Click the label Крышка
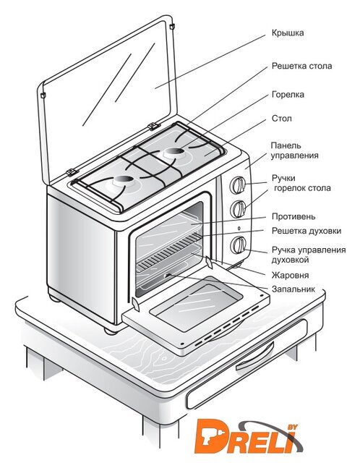(x=288, y=33)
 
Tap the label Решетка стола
(x=302, y=66)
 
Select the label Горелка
(x=288, y=95)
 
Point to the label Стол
(x=282, y=119)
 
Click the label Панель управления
(x=295, y=150)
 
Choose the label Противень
(x=293, y=217)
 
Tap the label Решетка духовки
(x=307, y=231)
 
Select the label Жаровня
(x=290, y=275)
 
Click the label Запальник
(x=293, y=289)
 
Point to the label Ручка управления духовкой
(x=309, y=255)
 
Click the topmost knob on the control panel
(x=238, y=185)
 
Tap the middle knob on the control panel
(x=238, y=209)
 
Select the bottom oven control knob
(x=238, y=245)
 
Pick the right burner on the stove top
(x=173, y=153)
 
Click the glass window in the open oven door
(x=196, y=304)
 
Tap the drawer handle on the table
(x=255, y=358)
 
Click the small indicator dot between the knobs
(x=239, y=229)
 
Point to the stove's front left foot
(x=111, y=331)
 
